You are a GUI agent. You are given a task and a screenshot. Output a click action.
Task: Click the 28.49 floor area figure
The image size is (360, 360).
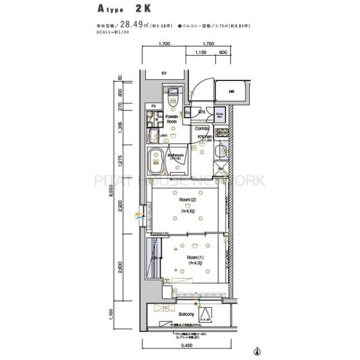pos(132,25)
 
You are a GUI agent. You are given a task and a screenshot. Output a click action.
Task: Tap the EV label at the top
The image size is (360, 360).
pos(163,73)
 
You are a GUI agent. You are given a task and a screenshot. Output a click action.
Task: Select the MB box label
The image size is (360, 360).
pos(231,91)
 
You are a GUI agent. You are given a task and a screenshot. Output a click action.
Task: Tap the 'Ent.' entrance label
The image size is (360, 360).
pos(202,112)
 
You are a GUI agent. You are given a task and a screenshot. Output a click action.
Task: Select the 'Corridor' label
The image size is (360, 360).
pos(202,128)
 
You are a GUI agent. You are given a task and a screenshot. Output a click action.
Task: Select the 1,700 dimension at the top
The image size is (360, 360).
pos(165,44)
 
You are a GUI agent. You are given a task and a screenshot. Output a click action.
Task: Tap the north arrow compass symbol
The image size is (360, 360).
pos(258,351)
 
